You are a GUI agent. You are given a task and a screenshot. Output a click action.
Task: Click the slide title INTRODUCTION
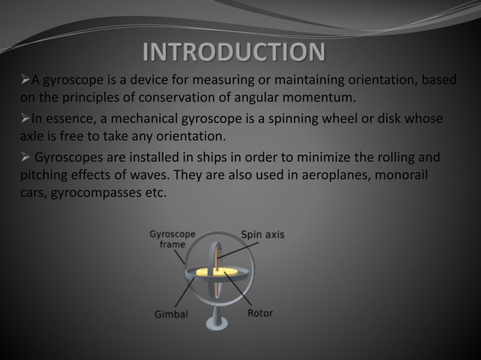click(x=234, y=53)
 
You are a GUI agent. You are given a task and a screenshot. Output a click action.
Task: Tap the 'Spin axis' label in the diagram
click(x=262, y=234)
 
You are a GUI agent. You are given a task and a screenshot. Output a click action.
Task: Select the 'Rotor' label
click(x=260, y=313)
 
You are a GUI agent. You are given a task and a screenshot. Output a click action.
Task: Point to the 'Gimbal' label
click(x=171, y=314)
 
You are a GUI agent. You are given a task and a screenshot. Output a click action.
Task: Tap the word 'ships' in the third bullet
click(x=217, y=158)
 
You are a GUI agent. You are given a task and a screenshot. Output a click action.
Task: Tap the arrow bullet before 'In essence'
click(x=23, y=119)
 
